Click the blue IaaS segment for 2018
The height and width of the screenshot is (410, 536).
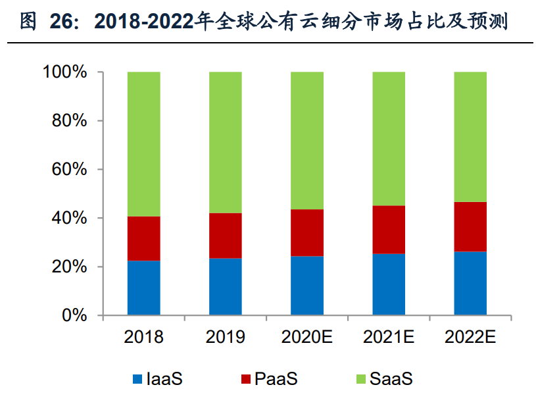point(143,288)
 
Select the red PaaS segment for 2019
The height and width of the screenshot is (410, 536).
point(226,236)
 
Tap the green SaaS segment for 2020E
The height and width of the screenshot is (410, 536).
point(307,140)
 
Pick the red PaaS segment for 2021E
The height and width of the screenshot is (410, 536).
point(389,229)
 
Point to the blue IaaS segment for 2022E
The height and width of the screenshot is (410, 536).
point(470,283)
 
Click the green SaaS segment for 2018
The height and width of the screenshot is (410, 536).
point(143,143)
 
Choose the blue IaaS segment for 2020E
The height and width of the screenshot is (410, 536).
point(307,285)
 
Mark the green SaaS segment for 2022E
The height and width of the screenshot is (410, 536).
point(470,136)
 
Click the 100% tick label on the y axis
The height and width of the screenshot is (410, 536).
point(65,72)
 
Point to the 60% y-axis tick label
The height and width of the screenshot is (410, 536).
point(70,169)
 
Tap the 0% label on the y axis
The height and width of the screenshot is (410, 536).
point(76,315)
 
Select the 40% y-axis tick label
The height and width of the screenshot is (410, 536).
point(70,218)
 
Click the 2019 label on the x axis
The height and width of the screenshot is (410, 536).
point(226,338)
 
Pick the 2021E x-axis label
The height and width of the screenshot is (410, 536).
point(389,338)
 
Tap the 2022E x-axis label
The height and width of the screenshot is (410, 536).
point(470,338)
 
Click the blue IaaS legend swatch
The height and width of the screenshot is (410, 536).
point(137,379)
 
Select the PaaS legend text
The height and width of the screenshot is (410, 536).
point(276,379)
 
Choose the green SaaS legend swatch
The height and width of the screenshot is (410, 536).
point(361,379)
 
